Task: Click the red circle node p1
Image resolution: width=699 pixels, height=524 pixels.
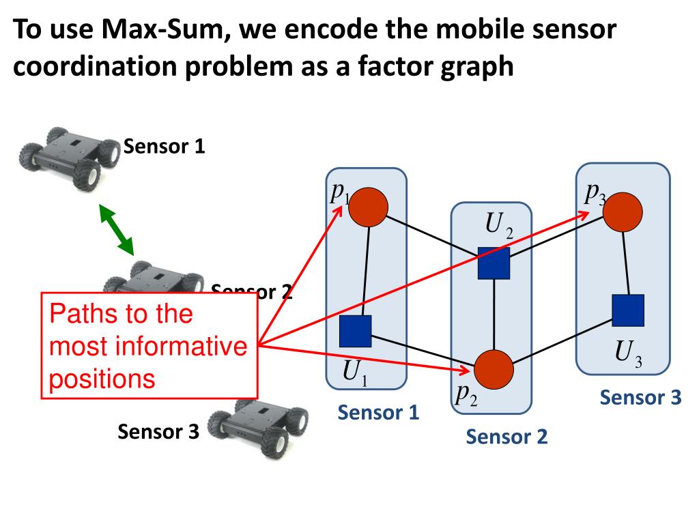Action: click(x=368, y=207)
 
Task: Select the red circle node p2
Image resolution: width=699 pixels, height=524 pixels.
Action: click(x=494, y=369)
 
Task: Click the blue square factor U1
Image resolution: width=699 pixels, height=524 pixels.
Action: click(x=355, y=331)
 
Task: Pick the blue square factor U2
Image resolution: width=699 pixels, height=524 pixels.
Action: click(x=494, y=263)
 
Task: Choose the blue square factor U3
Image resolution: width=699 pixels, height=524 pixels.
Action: click(x=627, y=310)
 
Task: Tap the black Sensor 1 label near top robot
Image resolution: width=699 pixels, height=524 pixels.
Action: click(x=164, y=147)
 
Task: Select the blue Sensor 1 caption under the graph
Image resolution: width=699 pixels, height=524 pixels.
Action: click(x=378, y=412)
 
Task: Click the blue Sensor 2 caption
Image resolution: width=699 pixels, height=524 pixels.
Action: click(x=507, y=436)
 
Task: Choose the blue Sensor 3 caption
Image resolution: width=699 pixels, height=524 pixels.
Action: click(x=640, y=398)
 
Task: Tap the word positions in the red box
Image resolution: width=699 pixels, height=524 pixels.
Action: click(x=102, y=378)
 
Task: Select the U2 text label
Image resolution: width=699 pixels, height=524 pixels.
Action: click(x=499, y=224)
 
